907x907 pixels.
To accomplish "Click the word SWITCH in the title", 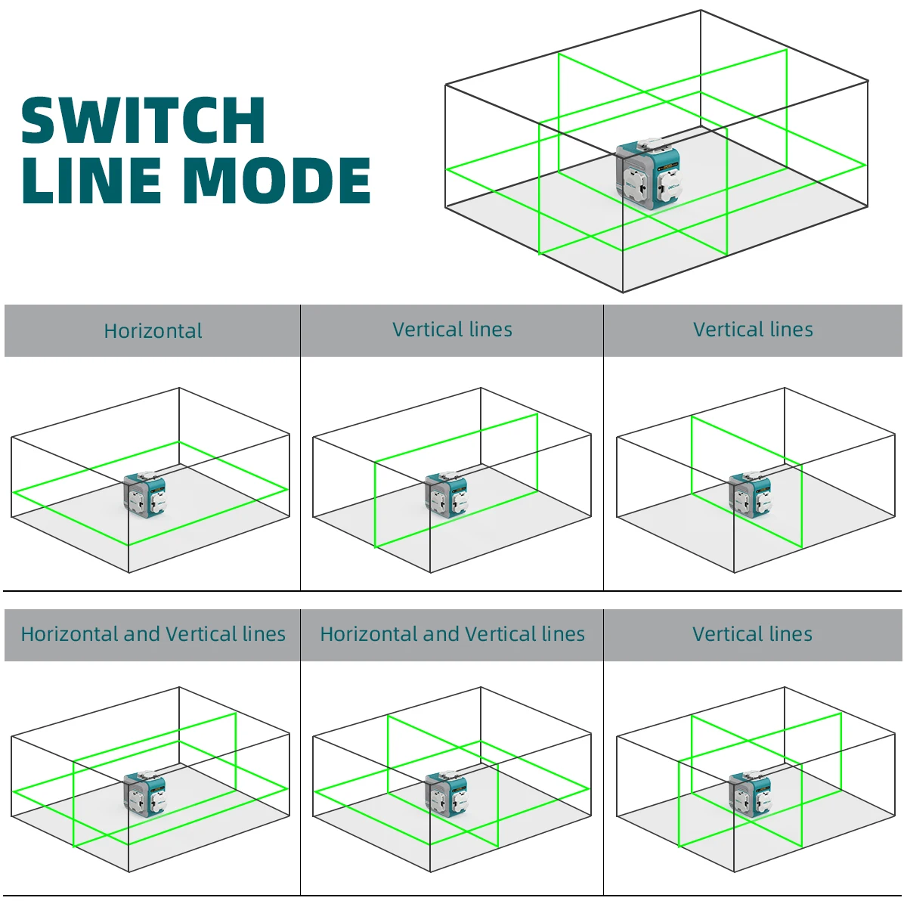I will [x=143, y=121].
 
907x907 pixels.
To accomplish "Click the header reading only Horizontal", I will [x=153, y=331].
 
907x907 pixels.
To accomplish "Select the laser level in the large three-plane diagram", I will [x=648, y=172].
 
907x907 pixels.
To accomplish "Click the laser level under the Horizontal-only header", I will [x=144, y=495].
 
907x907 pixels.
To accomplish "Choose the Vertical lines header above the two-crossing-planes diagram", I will [x=752, y=634].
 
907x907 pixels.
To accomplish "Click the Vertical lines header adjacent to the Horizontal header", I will [x=452, y=330].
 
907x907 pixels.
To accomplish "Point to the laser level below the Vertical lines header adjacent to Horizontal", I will [x=446, y=495].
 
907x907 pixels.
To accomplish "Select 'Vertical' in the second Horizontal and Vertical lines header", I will [x=500, y=634].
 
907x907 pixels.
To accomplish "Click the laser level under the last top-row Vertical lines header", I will [x=750, y=495].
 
